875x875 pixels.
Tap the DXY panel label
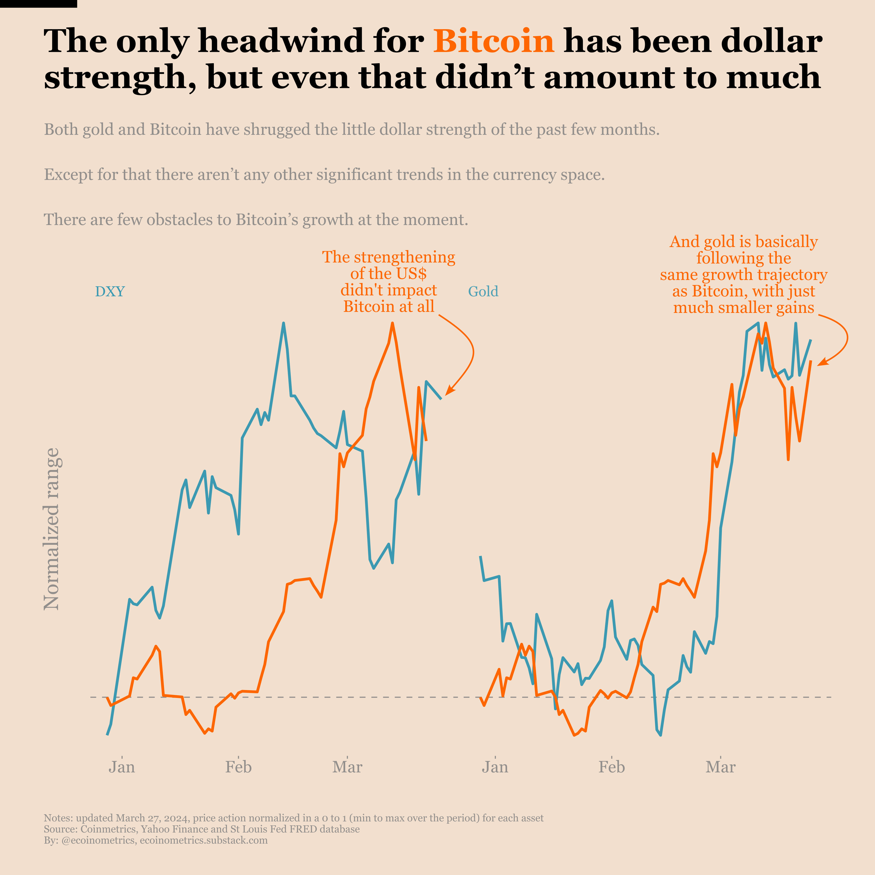tap(110, 291)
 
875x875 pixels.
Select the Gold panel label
tap(483, 291)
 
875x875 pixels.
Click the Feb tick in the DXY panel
tap(238, 767)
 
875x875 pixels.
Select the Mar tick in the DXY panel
tap(347, 767)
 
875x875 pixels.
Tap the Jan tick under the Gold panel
tap(495, 767)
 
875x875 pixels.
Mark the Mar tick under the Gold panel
tap(721, 767)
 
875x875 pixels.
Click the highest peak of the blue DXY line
tap(284, 323)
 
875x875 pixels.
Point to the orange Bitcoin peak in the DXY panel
tap(392, 323)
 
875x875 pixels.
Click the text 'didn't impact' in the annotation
tap(388, 290)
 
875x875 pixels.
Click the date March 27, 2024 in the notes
tap(154, 818)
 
